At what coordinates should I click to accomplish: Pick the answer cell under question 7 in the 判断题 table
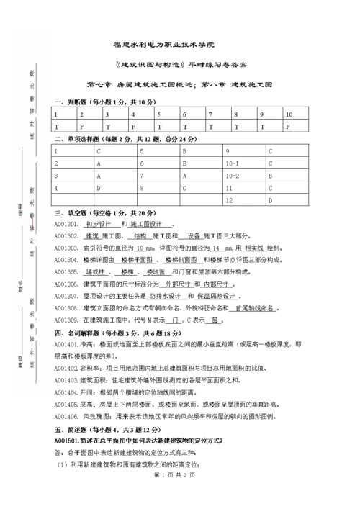[x=211, y=127]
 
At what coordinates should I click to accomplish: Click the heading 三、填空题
[x=72, y=213]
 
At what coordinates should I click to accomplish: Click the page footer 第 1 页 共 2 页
[x=179, y=495]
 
